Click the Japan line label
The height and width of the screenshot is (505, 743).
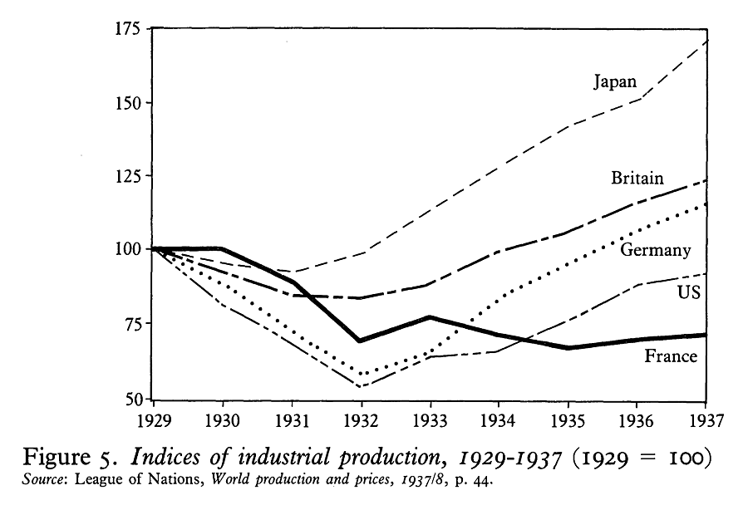click(615, 81)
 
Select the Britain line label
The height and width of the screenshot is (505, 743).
click(637, 178)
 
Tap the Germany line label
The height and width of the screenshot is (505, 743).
click(655, 250)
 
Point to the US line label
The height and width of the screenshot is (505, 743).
click(689, 292)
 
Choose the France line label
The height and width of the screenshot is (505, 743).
click(671, 356)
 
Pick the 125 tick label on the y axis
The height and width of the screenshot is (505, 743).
click(128, 176)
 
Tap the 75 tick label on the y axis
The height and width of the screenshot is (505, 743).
click(132, 324)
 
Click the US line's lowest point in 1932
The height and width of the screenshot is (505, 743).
click(360, 386)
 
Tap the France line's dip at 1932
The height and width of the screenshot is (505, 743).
click(360, 341)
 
